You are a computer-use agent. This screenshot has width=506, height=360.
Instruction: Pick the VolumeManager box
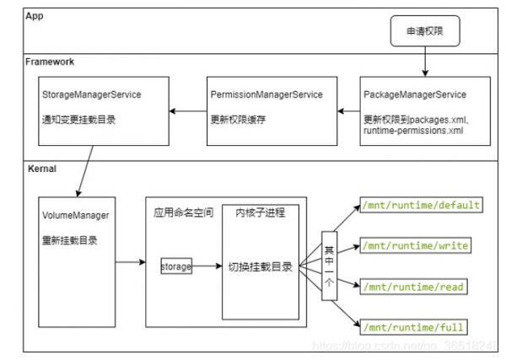(x=75, y=261)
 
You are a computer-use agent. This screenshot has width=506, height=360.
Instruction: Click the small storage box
(x=176, y=267)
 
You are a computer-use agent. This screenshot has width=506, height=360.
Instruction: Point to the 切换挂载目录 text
(x=261, y=267)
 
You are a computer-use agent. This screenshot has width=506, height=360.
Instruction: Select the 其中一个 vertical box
(x=330, y=266)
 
